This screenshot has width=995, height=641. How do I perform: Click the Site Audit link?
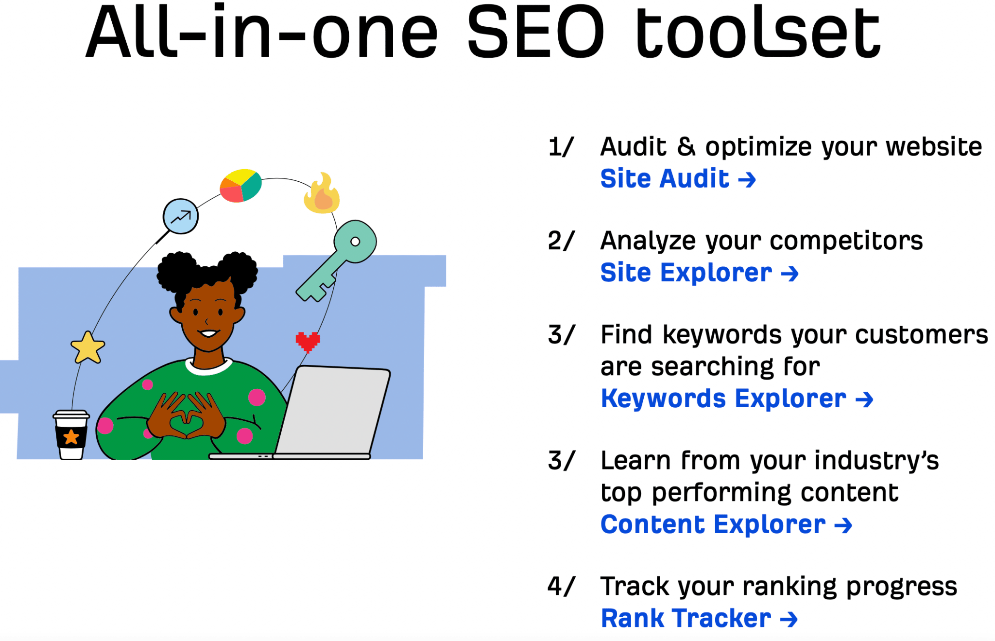point(678,178)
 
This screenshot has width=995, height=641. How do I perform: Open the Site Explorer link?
point(700,273)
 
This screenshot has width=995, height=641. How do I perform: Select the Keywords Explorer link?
point(737,398)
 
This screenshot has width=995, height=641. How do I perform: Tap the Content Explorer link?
point(726,524)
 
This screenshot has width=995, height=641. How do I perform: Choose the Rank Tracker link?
point(699,618)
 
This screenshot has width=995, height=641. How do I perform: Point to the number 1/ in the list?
point(561,147)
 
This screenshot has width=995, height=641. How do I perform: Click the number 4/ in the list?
point(561,586)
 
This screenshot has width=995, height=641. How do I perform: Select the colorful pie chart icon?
point(240,185)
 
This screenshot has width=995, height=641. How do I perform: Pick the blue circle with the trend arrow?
point(180,216)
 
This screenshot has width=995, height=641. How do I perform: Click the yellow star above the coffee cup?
point(88,348)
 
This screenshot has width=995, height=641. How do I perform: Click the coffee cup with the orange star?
point(71,435)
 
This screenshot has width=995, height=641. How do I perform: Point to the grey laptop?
point(316,413)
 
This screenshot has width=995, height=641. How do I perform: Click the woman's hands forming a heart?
point(186,416)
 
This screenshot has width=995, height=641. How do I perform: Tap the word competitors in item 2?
point(846,241)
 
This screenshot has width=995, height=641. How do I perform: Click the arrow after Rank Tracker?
point(789,620)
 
